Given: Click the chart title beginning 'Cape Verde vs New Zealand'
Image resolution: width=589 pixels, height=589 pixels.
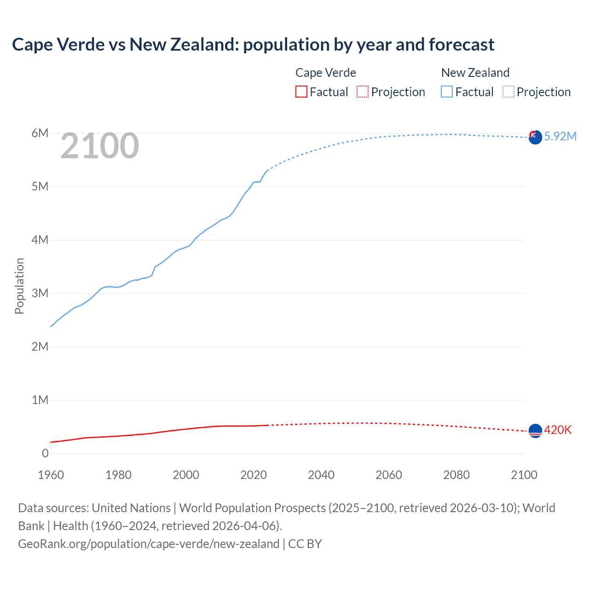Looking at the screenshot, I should click(253, 45).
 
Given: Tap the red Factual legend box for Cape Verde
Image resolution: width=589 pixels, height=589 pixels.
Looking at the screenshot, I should click(301, 92).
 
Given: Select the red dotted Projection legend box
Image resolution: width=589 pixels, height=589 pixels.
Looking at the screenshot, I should click(363, 92).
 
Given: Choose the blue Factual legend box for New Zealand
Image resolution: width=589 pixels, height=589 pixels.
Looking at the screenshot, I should click(447, 92).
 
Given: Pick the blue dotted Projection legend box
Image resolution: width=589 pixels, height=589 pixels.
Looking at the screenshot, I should click(508, 92).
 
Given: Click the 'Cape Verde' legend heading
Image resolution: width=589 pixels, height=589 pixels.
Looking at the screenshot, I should click(326, 73).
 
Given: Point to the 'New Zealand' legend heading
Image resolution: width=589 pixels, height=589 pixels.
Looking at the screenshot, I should click(475, 73).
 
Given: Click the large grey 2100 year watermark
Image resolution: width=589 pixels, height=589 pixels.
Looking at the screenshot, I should click(99, 146).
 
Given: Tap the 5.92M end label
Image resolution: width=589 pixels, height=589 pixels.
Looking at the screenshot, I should click(560, 136).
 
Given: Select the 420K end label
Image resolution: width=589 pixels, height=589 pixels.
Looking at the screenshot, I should click(558, 430).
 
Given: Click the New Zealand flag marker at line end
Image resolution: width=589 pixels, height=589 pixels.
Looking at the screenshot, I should click(535, 137).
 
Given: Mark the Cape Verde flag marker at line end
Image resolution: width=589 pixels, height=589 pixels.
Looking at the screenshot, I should click(535, 431).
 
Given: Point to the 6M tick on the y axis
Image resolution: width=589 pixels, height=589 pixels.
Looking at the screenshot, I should click(40, 133).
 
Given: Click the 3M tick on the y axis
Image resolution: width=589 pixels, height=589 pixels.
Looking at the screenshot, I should click(40, 294).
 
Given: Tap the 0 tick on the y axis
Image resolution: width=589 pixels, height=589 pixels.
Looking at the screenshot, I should click(45, 453).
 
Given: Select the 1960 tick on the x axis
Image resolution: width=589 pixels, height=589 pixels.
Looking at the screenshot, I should click(51, 475).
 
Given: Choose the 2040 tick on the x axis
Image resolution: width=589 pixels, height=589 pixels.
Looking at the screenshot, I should click(321, 475).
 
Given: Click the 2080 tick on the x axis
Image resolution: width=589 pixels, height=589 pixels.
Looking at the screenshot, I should click(456, 475).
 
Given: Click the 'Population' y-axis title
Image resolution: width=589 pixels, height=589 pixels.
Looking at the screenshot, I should click(19, 286).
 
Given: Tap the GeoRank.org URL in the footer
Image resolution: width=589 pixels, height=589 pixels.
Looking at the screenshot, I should click(149, 544).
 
